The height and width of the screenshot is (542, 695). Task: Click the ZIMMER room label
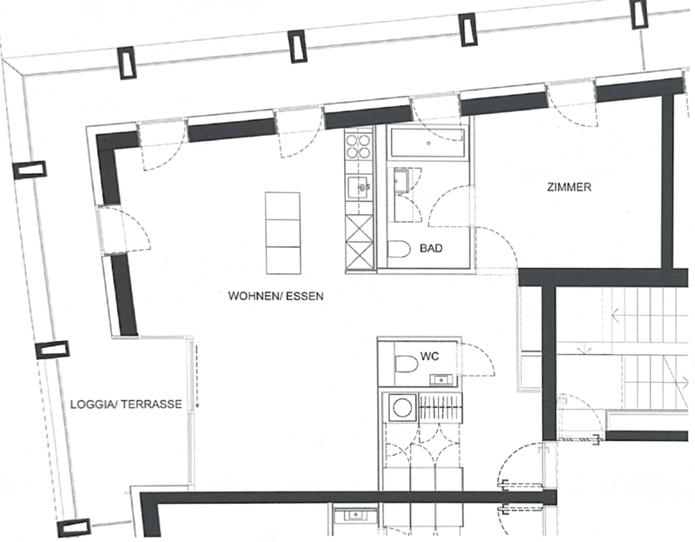click(569, 187)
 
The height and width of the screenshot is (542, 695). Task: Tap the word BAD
click(431, 249)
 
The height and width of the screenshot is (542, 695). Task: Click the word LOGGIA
click(91, 405)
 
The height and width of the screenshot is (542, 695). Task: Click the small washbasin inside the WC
click(440, 378)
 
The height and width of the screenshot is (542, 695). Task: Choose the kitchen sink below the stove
click(359, 185)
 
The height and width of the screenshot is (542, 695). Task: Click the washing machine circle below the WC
click(400, 408)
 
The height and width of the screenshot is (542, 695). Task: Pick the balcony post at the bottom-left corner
click(73, 527)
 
